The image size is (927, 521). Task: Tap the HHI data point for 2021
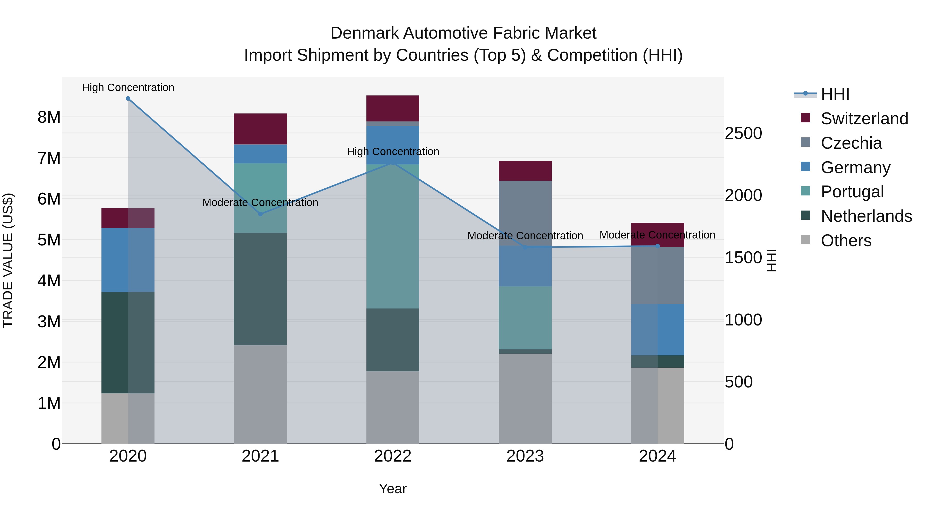(x=261, y=214)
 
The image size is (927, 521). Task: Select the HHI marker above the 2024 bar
(x=657, y=246)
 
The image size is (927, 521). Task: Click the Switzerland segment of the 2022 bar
(x=393, y=108)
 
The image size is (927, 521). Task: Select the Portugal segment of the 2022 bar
(x=393, y=236)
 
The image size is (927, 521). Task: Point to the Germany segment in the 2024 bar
(x=657, y=329)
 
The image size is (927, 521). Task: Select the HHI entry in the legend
(x=835, y=94)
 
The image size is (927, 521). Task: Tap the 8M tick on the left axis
(x=49, y=117)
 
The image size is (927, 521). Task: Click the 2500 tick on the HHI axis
(x=743, y=133)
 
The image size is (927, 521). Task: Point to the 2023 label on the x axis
(x=525, y=456)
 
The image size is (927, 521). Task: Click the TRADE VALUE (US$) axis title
(x=8, y=260)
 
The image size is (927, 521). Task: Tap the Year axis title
(x=393, y=489)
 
